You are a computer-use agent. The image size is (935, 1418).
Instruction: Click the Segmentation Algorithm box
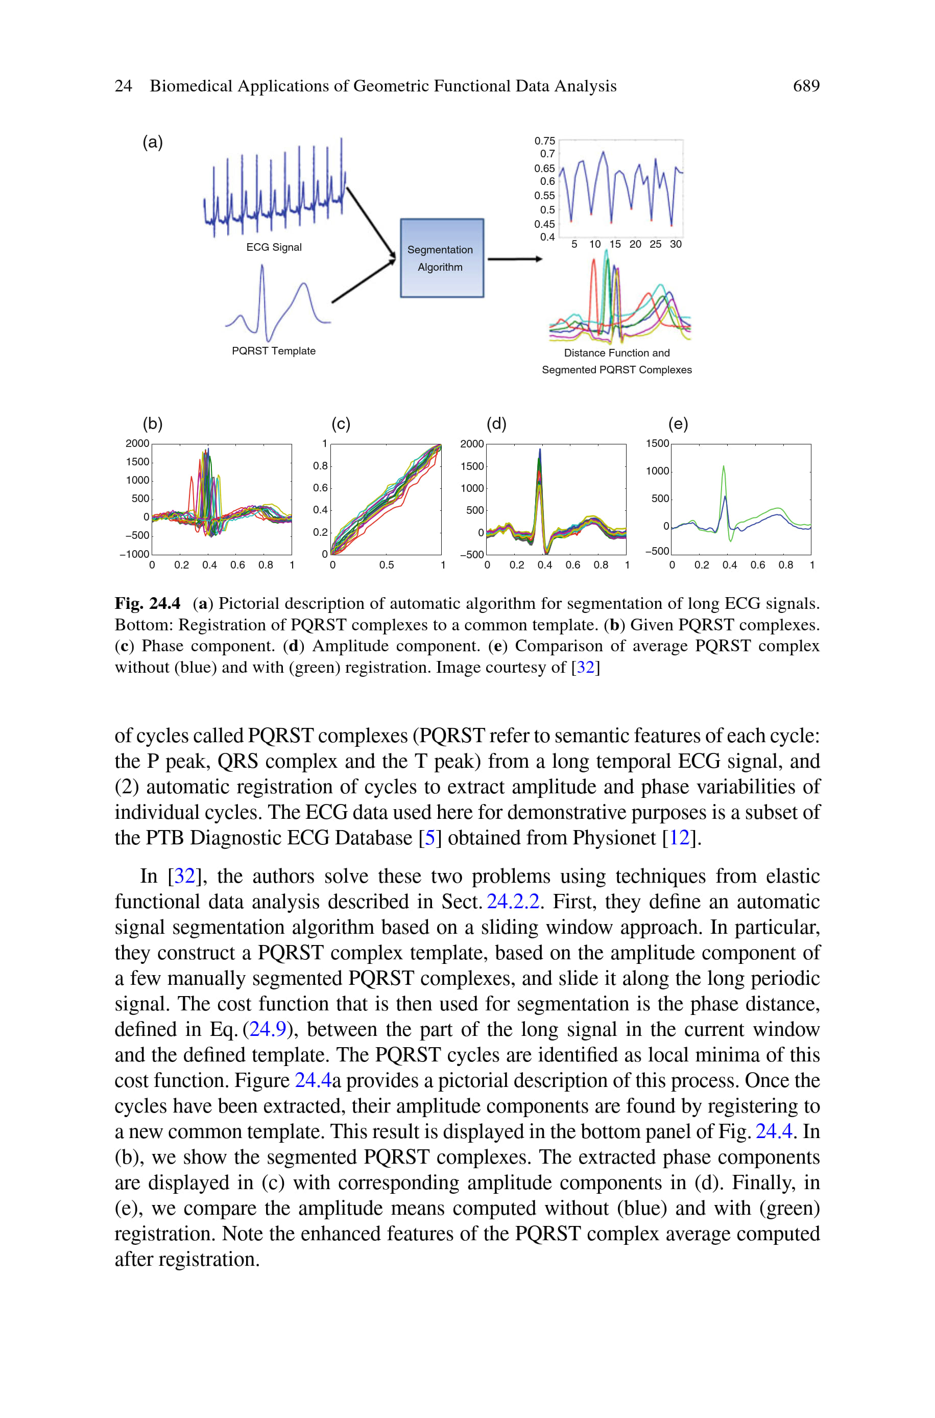441,258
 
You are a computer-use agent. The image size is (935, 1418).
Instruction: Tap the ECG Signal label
274,247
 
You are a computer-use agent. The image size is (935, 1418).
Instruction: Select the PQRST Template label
274,350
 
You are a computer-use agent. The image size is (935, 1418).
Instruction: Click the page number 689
806,86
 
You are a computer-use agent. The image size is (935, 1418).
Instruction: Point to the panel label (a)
153,142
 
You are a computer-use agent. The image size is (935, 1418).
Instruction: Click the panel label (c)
341,423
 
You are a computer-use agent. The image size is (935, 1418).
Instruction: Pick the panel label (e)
678,423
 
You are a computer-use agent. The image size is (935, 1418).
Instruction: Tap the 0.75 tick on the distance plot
544,140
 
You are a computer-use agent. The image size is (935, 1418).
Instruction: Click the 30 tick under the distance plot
676,244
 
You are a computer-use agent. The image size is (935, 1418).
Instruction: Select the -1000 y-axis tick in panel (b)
135,554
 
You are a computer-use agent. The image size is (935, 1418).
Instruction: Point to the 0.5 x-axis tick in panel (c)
387,564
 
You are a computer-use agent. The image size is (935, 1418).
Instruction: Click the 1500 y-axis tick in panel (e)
657,444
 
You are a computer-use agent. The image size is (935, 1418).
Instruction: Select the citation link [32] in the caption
585,667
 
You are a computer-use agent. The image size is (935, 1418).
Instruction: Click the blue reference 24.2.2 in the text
513,901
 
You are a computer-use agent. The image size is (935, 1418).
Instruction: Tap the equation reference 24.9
267,1029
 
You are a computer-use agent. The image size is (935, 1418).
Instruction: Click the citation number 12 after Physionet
679,838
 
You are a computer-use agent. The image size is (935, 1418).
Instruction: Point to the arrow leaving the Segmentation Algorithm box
514,259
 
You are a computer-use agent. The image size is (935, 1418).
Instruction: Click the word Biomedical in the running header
191,86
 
